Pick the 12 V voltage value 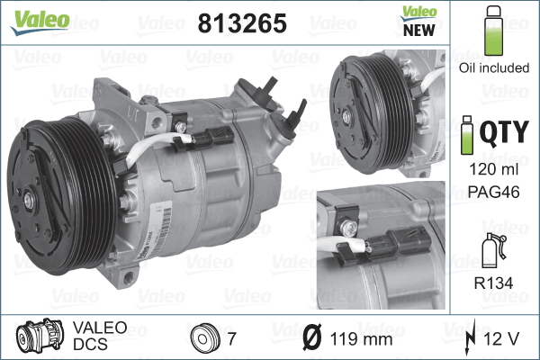point(502,339)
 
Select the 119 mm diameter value point(361,339)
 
